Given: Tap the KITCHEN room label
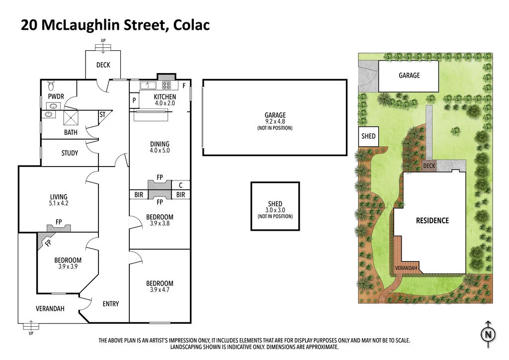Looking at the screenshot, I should click(x=165, y=97).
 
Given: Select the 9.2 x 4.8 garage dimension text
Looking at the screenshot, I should click(x=275, y=121).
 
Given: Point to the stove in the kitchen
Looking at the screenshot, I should click(x=166, y=85).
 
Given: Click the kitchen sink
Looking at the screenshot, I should click(x=148, y=86).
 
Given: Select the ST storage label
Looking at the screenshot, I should click(x=102, y=115).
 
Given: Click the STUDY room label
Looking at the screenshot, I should click(x=70, y=153).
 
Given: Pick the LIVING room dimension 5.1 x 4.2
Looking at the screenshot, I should click(x=58, y=203).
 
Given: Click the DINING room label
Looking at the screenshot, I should click(x=160, y=144).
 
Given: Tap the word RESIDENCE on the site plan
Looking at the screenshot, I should click(x=432, y=221).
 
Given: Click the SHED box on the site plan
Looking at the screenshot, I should click(x=368, y=136).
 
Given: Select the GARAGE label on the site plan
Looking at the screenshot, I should click(x=409, y=76).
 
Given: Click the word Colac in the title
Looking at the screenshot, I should click(x=192, y=25).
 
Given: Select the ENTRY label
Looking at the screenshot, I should click(x=110, y=304).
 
